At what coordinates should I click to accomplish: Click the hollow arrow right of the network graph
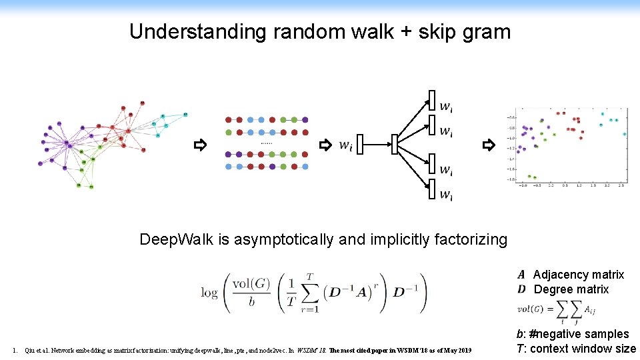[199, 145]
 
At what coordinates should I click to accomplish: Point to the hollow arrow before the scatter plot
[489, 145]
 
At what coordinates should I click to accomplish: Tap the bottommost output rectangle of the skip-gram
[431, 189]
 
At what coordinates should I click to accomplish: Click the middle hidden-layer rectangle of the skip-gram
[395, 144]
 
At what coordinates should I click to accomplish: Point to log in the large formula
[209, 293]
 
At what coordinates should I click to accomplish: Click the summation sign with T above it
[311, 293]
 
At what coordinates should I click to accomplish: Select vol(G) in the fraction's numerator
[251, 283]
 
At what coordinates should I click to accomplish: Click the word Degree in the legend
[552, 289]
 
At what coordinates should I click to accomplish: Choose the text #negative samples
[579, 334]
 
